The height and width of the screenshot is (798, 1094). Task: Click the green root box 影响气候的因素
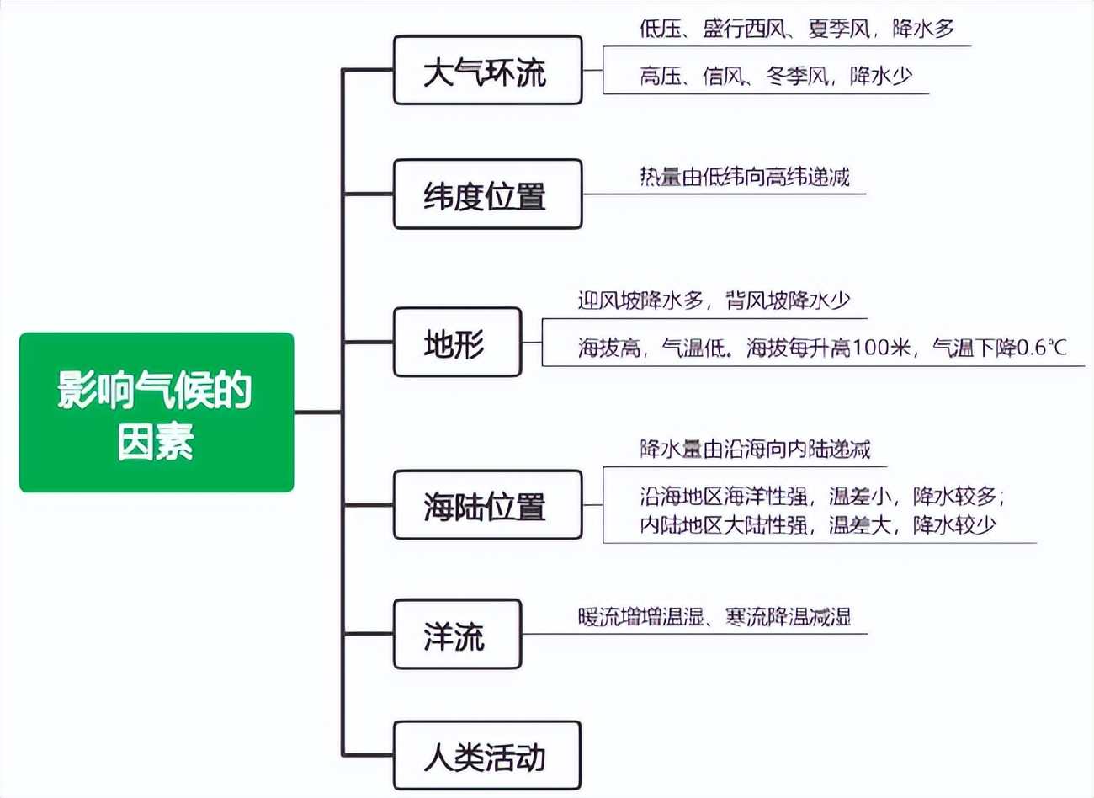click(157, 412)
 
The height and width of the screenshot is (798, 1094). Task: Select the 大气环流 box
click(487, 71)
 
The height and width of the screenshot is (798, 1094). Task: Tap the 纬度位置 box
click(487, 194)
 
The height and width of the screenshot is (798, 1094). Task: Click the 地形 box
click(457, 343)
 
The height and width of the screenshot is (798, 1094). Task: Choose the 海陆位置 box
click(487, 505)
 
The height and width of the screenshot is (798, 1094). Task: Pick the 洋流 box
click(457, 635)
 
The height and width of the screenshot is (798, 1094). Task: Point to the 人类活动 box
click(487, 756)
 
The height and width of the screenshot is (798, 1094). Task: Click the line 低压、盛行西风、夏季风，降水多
click(796, 29)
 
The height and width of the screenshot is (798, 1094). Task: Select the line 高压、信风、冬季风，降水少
click(775, 77)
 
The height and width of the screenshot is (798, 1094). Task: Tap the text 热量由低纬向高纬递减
click(744, 177)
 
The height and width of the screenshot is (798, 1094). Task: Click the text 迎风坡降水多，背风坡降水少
click(714, 301)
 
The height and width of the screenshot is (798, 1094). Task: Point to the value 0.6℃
click(1042, 348)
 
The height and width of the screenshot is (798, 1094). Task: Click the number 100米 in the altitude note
click(882, 348)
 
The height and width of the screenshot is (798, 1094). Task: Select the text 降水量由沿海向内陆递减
click(754, 449)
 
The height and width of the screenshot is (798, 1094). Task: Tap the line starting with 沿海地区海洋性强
click(821, 497)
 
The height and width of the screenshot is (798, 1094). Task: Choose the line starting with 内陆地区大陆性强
click(817, 525)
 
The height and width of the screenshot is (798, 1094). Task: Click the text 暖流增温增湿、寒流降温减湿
click(714, 617)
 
